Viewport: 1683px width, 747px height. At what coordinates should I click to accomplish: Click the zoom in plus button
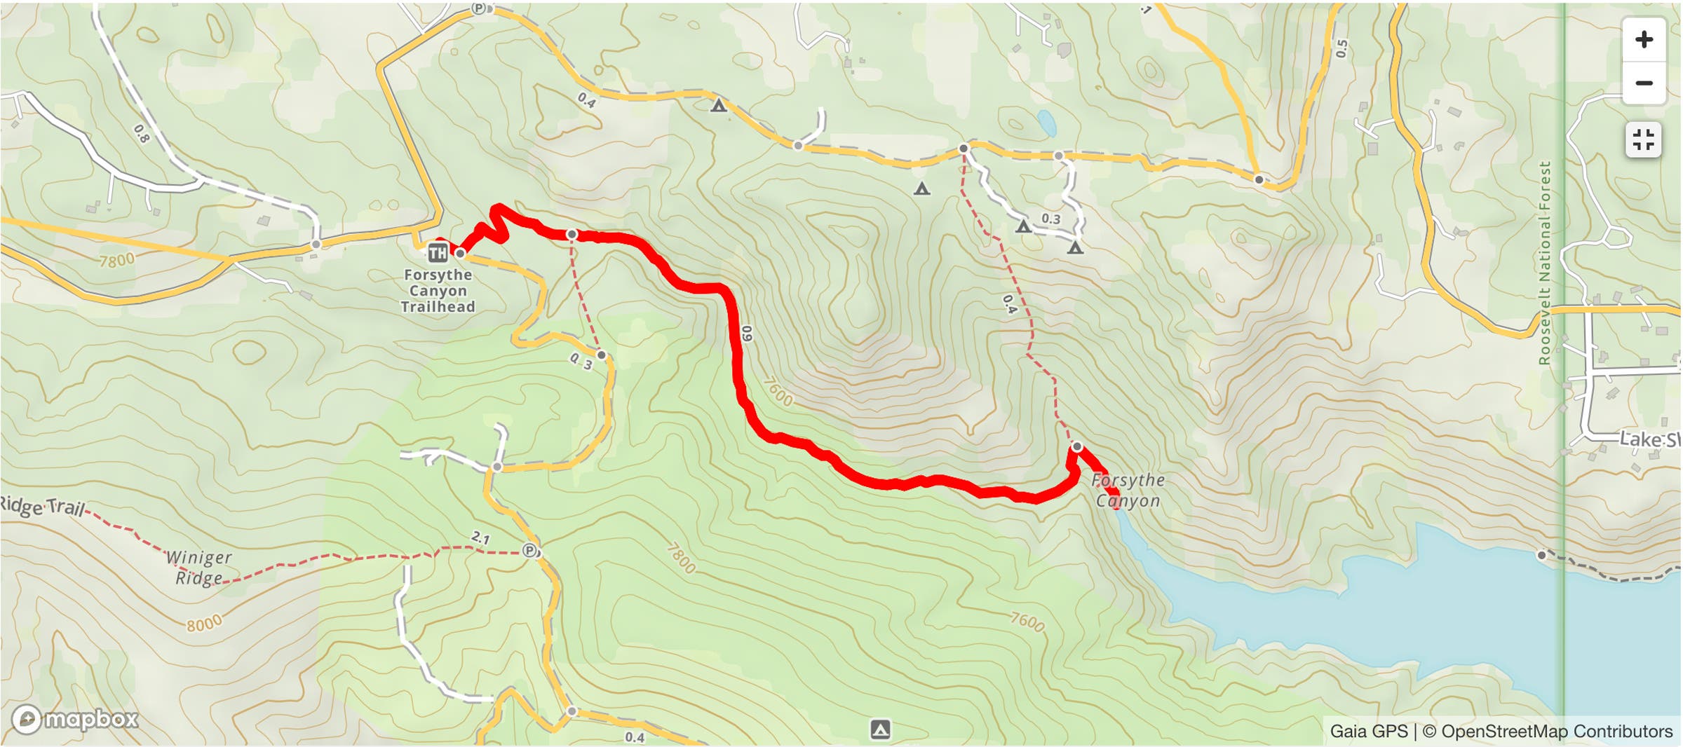[x=1644, y=39]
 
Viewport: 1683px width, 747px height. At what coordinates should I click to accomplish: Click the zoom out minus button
[x=1644, y=83]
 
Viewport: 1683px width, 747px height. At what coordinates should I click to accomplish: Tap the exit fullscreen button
[x=1643, y=139]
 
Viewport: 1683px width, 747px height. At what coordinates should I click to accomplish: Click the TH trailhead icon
[x=438, y=253]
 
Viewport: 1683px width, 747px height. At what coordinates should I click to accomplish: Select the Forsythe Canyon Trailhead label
[x=438, y=291]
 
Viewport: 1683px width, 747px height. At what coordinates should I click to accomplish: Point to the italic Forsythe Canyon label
[x=1128, y=491]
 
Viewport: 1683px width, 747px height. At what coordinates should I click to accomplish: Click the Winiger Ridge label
[x=198, y=568]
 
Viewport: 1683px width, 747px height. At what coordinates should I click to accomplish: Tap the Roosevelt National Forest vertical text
[x=1544, y=263]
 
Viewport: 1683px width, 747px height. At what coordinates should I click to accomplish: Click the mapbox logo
[x=75, y=719]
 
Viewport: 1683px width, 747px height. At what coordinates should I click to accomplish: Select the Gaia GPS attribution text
[x=1368, y=731]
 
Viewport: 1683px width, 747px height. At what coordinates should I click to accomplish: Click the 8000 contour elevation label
[x=204, y=622]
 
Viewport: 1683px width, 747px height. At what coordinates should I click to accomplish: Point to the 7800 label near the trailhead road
[x=116, y=261]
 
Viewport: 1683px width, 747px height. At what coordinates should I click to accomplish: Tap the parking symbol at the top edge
[x=478, y=8]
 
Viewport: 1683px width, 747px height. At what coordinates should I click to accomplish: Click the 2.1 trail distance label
[x=480, y=538]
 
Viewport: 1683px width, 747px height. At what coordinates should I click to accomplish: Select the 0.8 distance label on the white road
[x=142, y=133]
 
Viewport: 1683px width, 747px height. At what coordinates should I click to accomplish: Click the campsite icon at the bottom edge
[x=880, y=729]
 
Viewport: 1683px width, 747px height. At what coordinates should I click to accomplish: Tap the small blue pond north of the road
[x=1046, y=123]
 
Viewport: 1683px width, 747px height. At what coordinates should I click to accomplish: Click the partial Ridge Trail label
[x=42, y=506]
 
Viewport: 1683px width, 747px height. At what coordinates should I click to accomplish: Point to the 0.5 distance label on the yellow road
[x=1341, y=48]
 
